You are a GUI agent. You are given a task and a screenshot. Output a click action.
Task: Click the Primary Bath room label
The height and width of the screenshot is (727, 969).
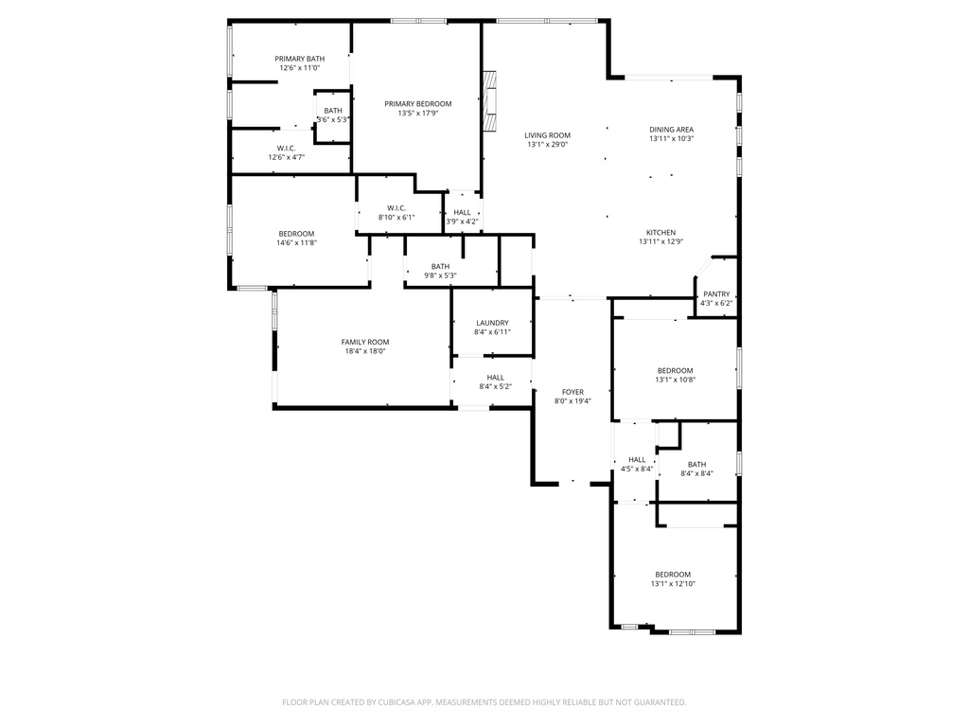(299, 59)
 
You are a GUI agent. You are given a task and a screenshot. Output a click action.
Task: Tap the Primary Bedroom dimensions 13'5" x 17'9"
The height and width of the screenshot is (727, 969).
(417, 114)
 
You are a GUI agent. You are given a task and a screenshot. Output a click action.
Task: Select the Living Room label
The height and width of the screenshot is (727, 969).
(547, 135)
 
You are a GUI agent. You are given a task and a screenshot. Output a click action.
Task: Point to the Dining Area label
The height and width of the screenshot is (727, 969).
(671, 130)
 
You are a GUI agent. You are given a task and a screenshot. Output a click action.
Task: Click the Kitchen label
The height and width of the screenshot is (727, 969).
(661, 233)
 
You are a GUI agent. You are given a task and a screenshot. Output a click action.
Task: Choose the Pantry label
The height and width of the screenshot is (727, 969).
(716, 293)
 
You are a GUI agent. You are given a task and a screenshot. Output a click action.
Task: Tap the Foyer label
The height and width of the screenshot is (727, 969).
(573, 392)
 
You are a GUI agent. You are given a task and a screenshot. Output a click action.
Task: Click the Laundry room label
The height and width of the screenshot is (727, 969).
(492, 323)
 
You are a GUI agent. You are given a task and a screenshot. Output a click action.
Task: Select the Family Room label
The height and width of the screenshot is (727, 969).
(365, 343)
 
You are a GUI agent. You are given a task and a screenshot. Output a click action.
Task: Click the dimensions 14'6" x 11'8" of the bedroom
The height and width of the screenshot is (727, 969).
(296, 243)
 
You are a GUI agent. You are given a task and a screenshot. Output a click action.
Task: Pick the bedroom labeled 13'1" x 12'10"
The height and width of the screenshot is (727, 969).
(673, 575)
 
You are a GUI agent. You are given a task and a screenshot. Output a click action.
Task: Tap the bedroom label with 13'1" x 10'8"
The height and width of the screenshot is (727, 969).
(675, 370)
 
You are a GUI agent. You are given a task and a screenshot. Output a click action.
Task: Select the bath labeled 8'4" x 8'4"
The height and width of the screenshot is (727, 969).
(696, 464)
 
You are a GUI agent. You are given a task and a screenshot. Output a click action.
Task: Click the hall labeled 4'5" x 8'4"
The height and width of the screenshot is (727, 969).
(637, 460)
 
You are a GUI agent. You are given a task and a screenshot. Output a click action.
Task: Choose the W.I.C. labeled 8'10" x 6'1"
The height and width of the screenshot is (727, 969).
(396, 208)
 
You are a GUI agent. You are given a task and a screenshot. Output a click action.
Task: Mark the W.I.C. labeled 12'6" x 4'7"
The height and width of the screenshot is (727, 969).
(286, 148)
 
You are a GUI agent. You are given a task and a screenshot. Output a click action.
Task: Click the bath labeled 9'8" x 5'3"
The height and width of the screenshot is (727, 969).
(440, 266)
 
